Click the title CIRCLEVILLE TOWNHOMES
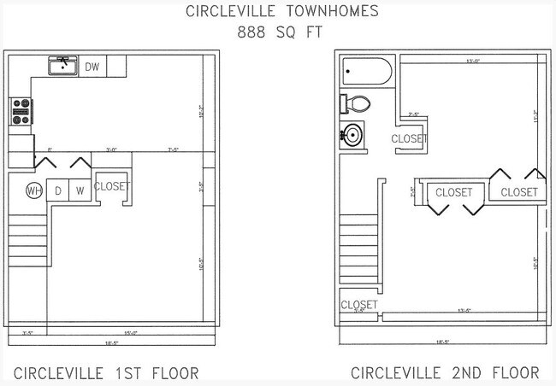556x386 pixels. pyautogui.click(x=278, y=12)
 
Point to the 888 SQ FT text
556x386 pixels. pyautogui.click(x=278, y=33)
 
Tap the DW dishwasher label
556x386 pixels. pyautogui.click(x=92, y=67)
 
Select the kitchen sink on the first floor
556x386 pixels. pyautogui.click(x=62, y=66)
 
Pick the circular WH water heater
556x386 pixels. pyautogui.click(x=34, y=190)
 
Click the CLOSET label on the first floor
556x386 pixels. pyautogui.click(x=112, y=186)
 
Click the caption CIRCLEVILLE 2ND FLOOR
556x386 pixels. pyautogui.click(x=445, y=373)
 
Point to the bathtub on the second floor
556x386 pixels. pyautogui.click(x=366, y=71)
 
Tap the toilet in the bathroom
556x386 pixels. pyautogui.click(x=358, y=104)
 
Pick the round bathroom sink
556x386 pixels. pyautogui.click(x=352, y=134)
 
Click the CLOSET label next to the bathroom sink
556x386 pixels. pyautogui.click(x=409, y=138)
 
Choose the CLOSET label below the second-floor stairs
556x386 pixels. pyautogui.click(x=358, y=305)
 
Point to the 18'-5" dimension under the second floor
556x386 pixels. pyautogui.click(x=442, y=342)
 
